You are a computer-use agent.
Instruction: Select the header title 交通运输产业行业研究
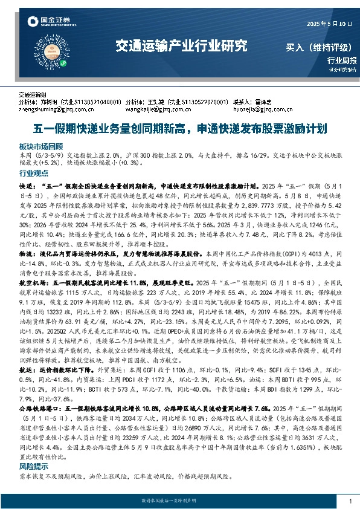pos(181,45)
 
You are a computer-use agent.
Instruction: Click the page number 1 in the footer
pos(350,501)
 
